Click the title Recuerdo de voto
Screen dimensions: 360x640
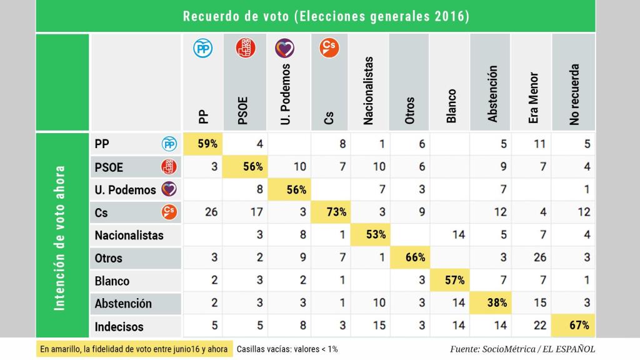(x=326, y=17)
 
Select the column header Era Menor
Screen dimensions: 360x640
(x=533, y=97)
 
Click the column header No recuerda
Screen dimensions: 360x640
(x=574, y=94)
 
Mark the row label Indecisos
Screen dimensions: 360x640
(x=119, y=326)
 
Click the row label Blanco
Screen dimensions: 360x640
(x=112, y=281)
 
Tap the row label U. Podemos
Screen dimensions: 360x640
(x=125, y=189)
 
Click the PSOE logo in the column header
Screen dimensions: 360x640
(x=246, y=48)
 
